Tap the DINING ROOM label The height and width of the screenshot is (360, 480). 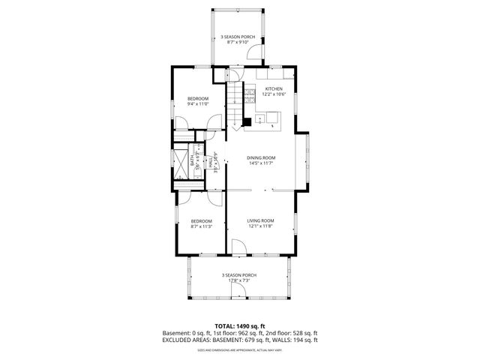click(x=262, y=157)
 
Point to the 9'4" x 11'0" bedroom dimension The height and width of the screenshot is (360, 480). click(x=198, y=104)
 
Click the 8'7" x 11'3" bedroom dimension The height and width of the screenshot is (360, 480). click(x=201, y=226)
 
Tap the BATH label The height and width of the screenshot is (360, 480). click(x=193, y=160)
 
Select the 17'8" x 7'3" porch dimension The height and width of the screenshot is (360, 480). click(x=239, y=280)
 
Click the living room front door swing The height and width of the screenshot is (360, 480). click(x=238, y=247)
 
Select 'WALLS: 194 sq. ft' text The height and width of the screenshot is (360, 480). click(x=293, y=340)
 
